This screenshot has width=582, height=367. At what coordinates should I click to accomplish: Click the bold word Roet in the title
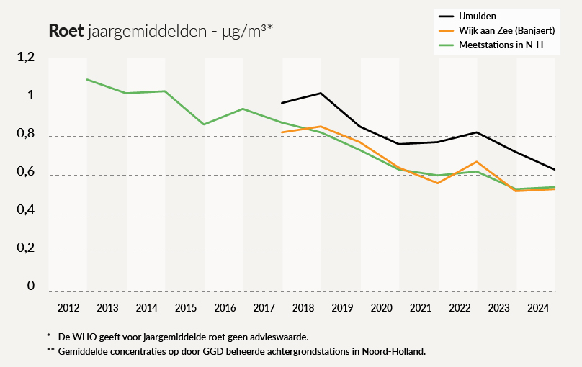[66, 31]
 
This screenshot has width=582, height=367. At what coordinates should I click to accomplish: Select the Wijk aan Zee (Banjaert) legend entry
[506, 30]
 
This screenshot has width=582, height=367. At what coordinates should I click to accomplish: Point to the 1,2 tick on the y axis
[26, 58]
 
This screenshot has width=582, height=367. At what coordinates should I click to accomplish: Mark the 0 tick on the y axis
[31, 286]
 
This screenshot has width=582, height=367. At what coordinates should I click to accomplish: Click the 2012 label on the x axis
[68, 309]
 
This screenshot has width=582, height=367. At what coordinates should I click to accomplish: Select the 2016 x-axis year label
[225, 309]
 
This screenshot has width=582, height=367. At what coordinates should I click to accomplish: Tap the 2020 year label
[381, 309]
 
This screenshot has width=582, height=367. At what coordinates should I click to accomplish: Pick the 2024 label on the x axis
[537, 309]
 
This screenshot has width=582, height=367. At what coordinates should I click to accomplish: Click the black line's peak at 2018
[321, 93]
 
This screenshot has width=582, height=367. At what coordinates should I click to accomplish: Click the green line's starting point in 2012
[86, 79]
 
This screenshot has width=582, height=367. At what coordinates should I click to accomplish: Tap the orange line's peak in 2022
[477, 161]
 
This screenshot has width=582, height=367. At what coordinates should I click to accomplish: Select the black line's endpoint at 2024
[555, 170]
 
